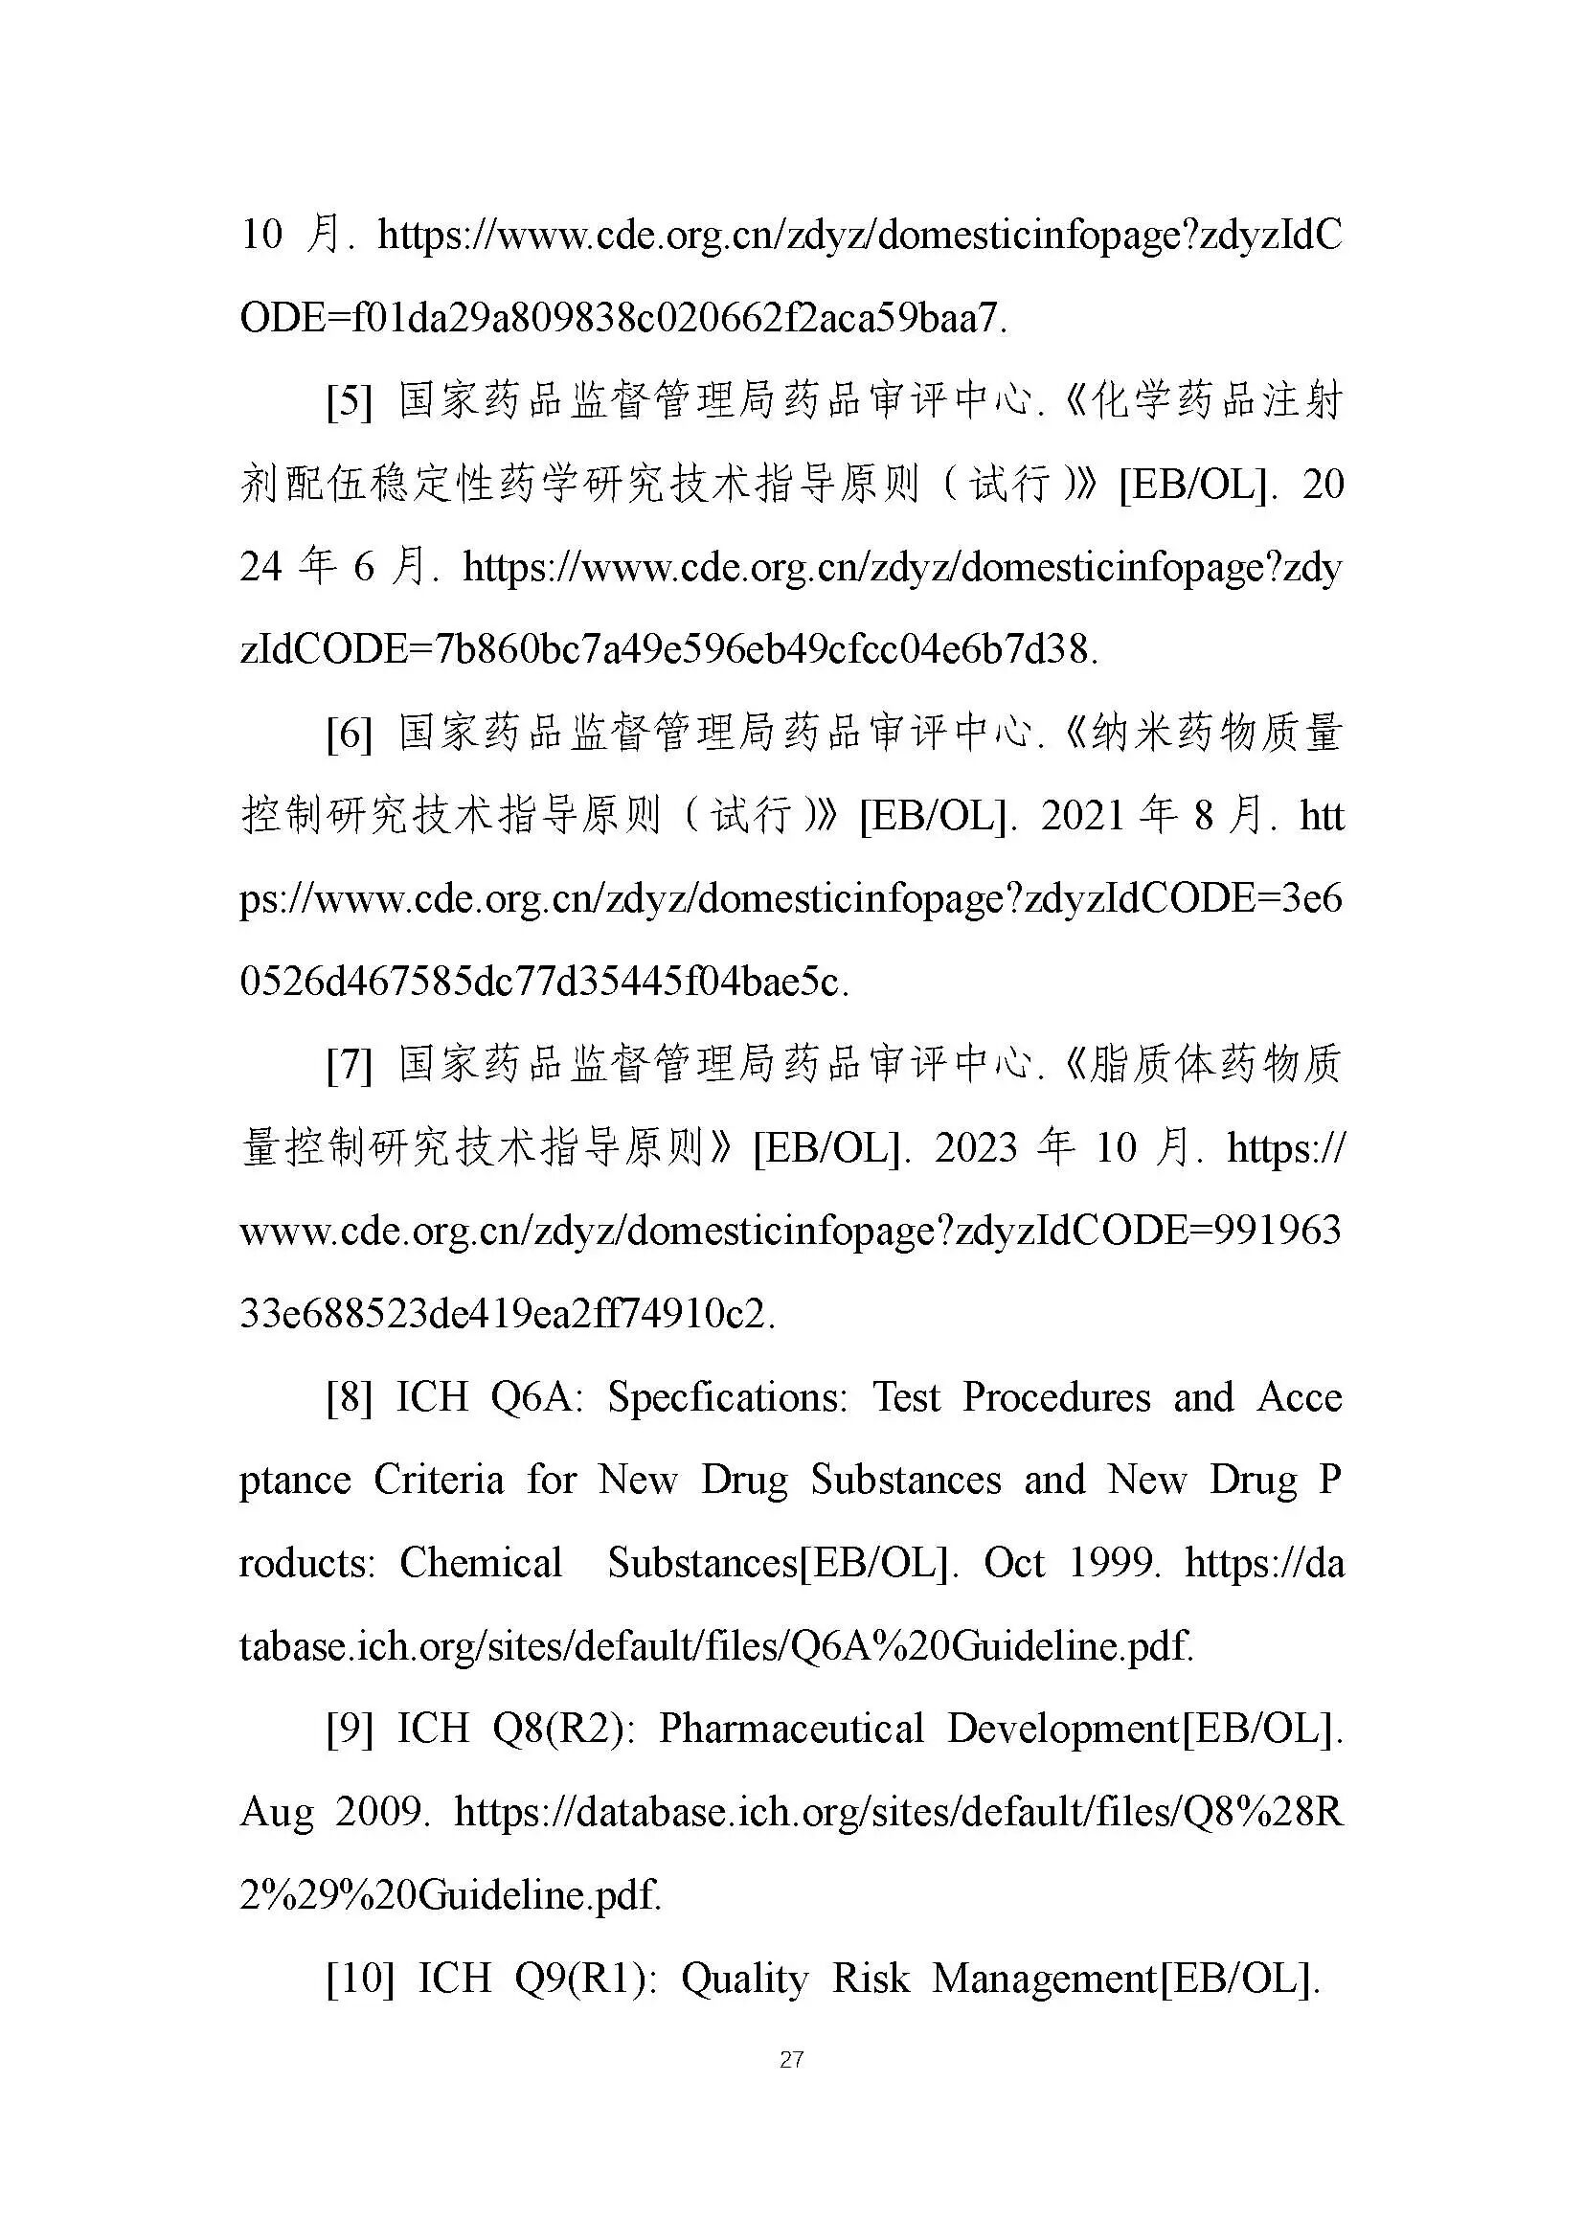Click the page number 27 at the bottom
(x=791, y=2060)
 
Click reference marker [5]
(x=350, y=402)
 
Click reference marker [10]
(x=360, y=1979)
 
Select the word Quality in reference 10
(x=744, y=1979)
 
